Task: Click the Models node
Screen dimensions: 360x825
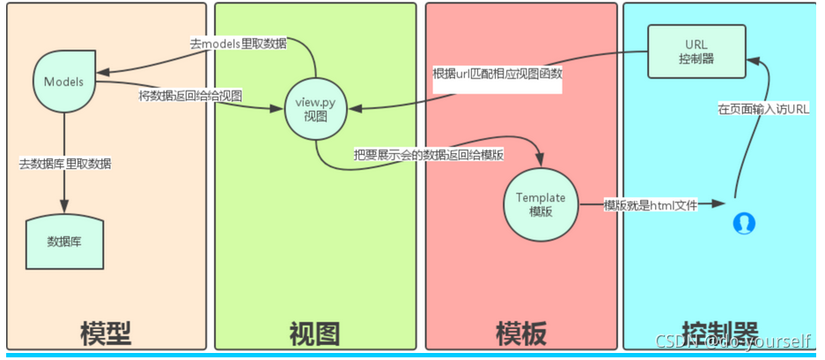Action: (63, 82)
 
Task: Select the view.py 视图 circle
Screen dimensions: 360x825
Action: (314, 110)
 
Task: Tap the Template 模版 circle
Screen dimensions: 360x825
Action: (541, 204)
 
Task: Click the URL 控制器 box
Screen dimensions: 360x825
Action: (696, 51)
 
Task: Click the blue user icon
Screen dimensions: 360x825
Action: (744, 223)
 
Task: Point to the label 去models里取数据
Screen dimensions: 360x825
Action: (238, 43)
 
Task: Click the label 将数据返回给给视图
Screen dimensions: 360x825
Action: (190, 94)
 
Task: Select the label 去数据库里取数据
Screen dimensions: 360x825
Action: (65, 163)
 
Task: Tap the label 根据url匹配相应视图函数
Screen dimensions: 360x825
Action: (497, 74)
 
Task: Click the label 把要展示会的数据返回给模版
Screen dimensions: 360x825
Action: (429, 155)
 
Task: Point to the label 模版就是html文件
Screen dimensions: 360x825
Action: (650, 205)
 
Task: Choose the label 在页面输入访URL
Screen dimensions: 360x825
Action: (762, 108)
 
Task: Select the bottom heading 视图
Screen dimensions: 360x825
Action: (314, 333)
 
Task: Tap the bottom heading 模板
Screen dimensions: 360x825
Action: (521, 333)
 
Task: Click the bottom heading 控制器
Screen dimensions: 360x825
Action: (720, 332)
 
